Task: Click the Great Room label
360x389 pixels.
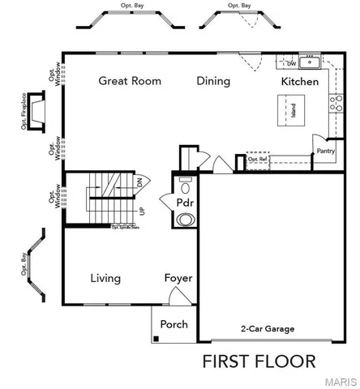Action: pyautogui.click(x=130, y=81)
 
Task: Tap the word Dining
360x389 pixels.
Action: pyautogui.click(x=213, y=81)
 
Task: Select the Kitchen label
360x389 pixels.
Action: pyautogui.click(x=299, y=82)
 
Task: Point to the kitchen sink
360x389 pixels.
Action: pyautogui.click(x=308, y=62)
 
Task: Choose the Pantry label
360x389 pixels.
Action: pyautogui.click(x=326, y=151)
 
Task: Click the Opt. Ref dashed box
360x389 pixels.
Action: pyautogui.click(x=258, y=159)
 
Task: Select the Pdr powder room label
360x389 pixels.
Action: pyautogui.click(x=185, y=201)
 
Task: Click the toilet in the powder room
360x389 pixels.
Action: pyautogui.click(x=186, y=219)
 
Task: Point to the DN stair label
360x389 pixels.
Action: pyautogui.click(x=139, y=183)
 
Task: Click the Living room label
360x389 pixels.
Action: pyautogui.click(x=105, y=278)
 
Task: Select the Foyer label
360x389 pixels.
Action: pyautogui.click(x=178, y=278)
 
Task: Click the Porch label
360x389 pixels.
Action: pyautogui.click(x=174, y=324)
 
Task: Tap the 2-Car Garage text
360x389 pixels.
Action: pyautogui.click(x=267, y=329)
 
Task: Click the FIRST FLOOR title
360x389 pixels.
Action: pyautogui.click(x=259, y=361)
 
